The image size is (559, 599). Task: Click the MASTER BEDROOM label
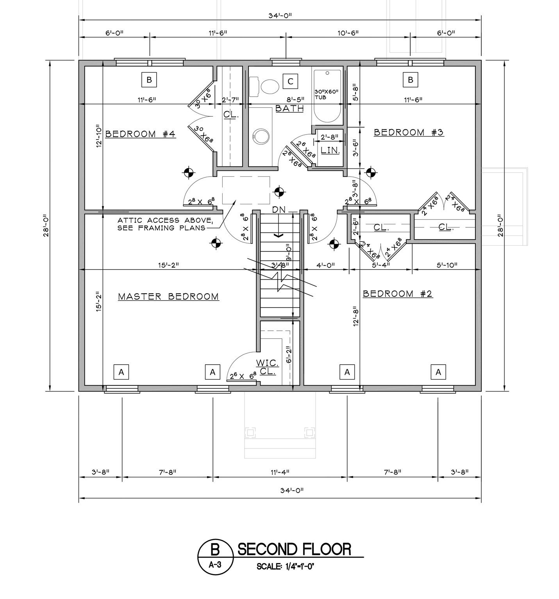(x=168, y=296)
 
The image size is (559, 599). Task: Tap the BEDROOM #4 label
(x=140, y=134)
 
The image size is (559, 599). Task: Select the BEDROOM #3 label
(x=409, y=132)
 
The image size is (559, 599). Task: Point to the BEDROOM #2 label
(x=398, y=294)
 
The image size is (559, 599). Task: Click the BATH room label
(x=289, y=108)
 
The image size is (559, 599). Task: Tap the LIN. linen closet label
(x=330, y=150)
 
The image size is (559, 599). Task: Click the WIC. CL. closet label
(x=268, y=367)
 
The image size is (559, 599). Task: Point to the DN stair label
(x=279, y=209)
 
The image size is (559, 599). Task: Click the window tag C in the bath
(x=290, y=81)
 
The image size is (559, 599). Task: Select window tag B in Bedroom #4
(x=149, y=80)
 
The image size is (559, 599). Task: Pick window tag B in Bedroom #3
(x=410, y=80)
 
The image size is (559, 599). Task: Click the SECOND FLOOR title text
(x=295, y=549)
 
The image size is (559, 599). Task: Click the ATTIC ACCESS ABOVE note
(x=165, y=224)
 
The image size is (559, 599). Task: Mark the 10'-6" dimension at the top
(x=348, y=33)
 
